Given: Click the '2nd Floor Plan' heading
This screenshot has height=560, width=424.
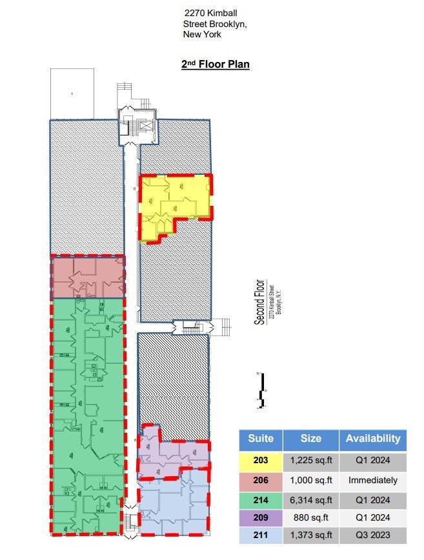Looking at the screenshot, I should (x=215, y=64).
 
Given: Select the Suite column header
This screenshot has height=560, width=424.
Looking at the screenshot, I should (x=261, y=439).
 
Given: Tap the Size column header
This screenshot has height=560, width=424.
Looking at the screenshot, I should (x=310, y=439).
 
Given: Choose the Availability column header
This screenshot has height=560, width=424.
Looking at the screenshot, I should (x=372, y=439).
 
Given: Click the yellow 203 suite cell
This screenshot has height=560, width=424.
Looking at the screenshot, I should (x=261, y=461).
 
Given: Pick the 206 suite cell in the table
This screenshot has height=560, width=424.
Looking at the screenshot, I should (x=261, y=479).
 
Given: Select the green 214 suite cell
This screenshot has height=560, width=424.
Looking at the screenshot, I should (x=261, y=498).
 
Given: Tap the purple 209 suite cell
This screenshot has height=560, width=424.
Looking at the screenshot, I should (x=261, y=517).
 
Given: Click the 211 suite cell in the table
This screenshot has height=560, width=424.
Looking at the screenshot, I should (x=261, y=535).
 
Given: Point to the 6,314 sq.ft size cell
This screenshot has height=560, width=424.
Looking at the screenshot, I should (x=310, y=498).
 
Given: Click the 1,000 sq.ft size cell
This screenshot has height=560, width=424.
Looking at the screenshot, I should (x=310, y=479).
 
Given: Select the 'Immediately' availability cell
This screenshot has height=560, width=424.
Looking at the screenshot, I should (x=372, y=479).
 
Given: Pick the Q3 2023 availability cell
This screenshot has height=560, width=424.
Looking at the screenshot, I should (x=372, y=535).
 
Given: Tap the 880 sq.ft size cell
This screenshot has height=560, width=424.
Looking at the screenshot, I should (x=310, y=517).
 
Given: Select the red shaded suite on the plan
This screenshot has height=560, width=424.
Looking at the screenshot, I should (x=87, y=276).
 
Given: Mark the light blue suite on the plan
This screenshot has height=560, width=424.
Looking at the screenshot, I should (x=173, y=506).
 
